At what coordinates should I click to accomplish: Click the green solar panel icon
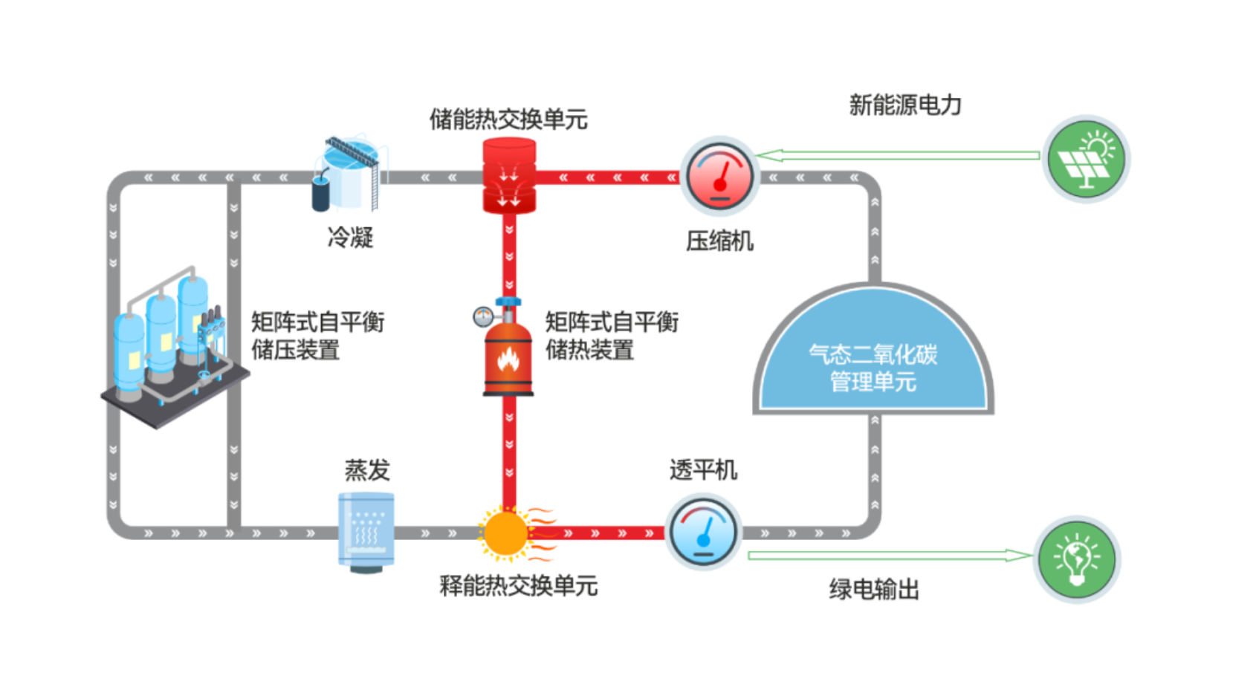[x=1086, y=159]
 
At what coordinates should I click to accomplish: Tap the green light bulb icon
[x=1077, y=559]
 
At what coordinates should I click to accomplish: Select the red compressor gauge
[x=720, y=176]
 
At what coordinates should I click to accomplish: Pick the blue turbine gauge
[x=704, y=531]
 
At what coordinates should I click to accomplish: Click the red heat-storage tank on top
[x=509, y=176]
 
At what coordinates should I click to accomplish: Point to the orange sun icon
[x=506, y=533]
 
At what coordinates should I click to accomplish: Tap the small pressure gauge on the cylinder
[x=483, y=317]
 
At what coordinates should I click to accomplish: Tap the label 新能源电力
[x=905, y=105]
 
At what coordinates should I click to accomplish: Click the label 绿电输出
[x=874, y=590]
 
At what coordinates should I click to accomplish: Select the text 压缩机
[x=719, y=241]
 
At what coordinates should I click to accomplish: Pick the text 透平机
[x=703, y=470]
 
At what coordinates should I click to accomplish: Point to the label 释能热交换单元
[x=519, y=586]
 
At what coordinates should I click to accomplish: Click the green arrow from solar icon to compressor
[x=898, y=156]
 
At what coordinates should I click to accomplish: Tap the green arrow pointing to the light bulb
[x=890, y=556]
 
